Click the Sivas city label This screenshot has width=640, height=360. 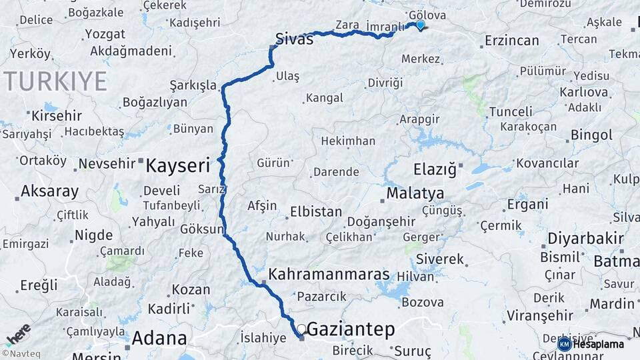click(295, 39)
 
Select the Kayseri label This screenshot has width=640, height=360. click(178, 165)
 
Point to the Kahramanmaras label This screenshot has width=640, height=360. click(329, 274)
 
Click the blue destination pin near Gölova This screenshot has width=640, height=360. click(420, 25)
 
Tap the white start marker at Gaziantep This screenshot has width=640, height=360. click(301, 329)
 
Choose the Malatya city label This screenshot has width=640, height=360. click(415, 193)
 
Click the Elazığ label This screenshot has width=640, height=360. click(435, 169)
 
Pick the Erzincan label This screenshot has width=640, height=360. click(511, 41)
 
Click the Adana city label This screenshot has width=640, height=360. click(159, 337)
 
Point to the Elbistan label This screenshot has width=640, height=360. click(316, 213)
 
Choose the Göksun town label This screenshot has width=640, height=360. click(201, 229)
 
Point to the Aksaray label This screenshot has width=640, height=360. click(49, 191)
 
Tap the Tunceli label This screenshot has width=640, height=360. click(511, 111)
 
